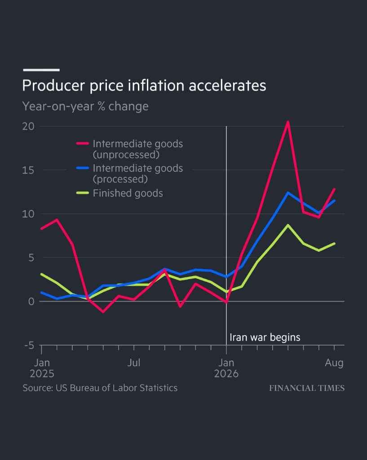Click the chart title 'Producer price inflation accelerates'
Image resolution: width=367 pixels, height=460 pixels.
144,86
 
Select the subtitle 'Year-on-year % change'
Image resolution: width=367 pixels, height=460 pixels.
85,106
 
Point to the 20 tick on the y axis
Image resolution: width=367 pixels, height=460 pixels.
28,127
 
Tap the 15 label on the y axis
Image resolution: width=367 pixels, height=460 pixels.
28,170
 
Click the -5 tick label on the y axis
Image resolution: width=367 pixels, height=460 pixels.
29,345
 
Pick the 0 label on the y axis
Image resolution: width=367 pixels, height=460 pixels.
31,302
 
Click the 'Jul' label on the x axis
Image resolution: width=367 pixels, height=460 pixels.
134,363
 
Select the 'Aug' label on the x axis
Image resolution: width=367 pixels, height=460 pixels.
334,363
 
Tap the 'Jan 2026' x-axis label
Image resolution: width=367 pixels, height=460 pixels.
226,368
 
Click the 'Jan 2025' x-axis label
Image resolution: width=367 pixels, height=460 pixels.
42,368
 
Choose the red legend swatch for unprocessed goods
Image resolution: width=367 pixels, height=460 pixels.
83,144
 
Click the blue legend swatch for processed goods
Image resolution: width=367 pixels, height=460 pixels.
83,168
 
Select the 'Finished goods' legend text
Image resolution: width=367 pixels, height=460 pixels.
128,193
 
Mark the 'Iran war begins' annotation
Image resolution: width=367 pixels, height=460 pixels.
265,337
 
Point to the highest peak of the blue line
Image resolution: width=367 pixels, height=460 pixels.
288,193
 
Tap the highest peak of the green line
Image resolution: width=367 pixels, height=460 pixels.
288,225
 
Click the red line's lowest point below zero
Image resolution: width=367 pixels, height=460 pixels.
103,311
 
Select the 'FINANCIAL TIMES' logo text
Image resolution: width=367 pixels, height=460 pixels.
307,388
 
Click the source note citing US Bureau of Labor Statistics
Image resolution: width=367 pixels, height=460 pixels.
100,388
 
